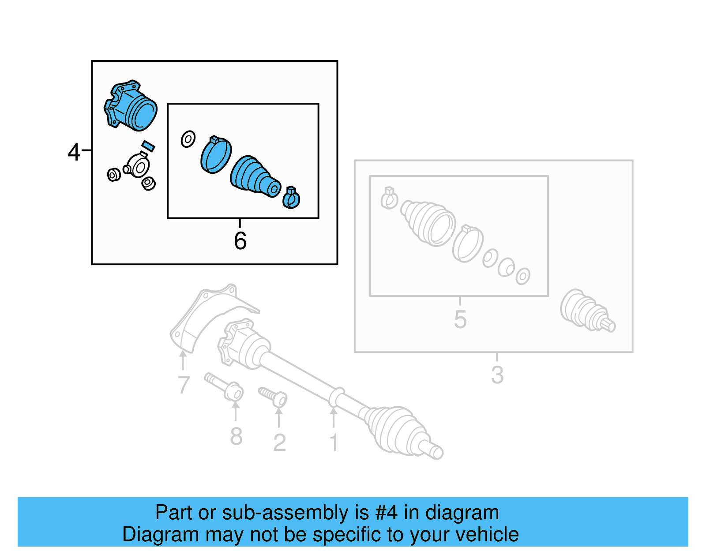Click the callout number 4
[74, 152]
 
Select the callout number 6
[240, 241]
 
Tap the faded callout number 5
[460, 319]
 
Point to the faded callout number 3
[497, 375]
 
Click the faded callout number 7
[184, 385]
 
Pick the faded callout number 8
[236, 436]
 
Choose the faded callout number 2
[279, 442]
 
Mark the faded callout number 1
[334, 442]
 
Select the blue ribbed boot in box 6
[254, 176]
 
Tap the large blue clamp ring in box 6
[216, 155]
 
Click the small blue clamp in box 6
[291, 198]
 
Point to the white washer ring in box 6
[188, 139]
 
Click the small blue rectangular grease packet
[148, 146]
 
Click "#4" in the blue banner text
[386, 513]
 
